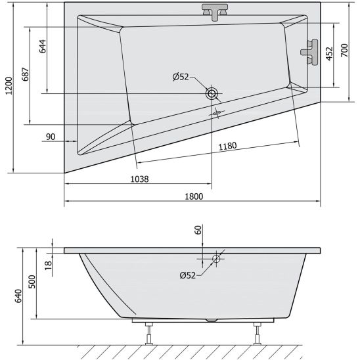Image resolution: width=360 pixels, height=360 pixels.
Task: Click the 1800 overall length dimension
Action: (194, 196)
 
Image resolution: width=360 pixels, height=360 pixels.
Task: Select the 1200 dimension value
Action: (9, 86)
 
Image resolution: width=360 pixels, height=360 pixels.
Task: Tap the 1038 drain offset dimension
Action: (139, 179)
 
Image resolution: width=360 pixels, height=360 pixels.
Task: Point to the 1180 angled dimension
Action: (227, 146)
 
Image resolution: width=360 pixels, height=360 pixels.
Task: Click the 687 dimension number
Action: (26, 74)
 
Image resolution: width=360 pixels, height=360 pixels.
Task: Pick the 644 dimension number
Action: (42, 47)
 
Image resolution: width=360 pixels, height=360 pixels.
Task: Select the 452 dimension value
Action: (329, 54)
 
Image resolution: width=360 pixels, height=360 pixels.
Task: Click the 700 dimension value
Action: (344, 51)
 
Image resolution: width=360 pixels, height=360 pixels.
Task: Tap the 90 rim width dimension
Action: (51, 137)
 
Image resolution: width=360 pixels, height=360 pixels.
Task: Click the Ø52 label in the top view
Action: (181, 77)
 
